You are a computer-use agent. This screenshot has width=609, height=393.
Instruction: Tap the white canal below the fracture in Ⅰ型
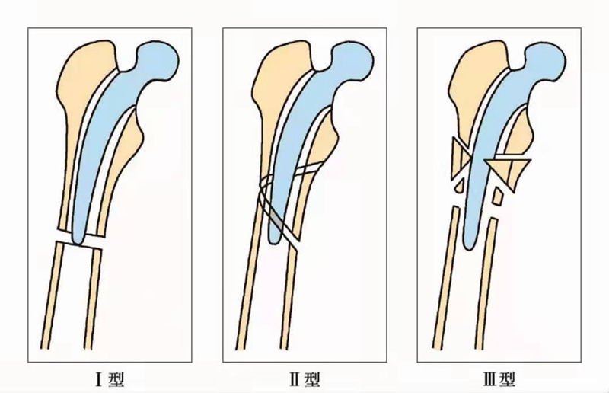pos(76,305)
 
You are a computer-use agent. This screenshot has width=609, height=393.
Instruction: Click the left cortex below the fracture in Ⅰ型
pos(55,305)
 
